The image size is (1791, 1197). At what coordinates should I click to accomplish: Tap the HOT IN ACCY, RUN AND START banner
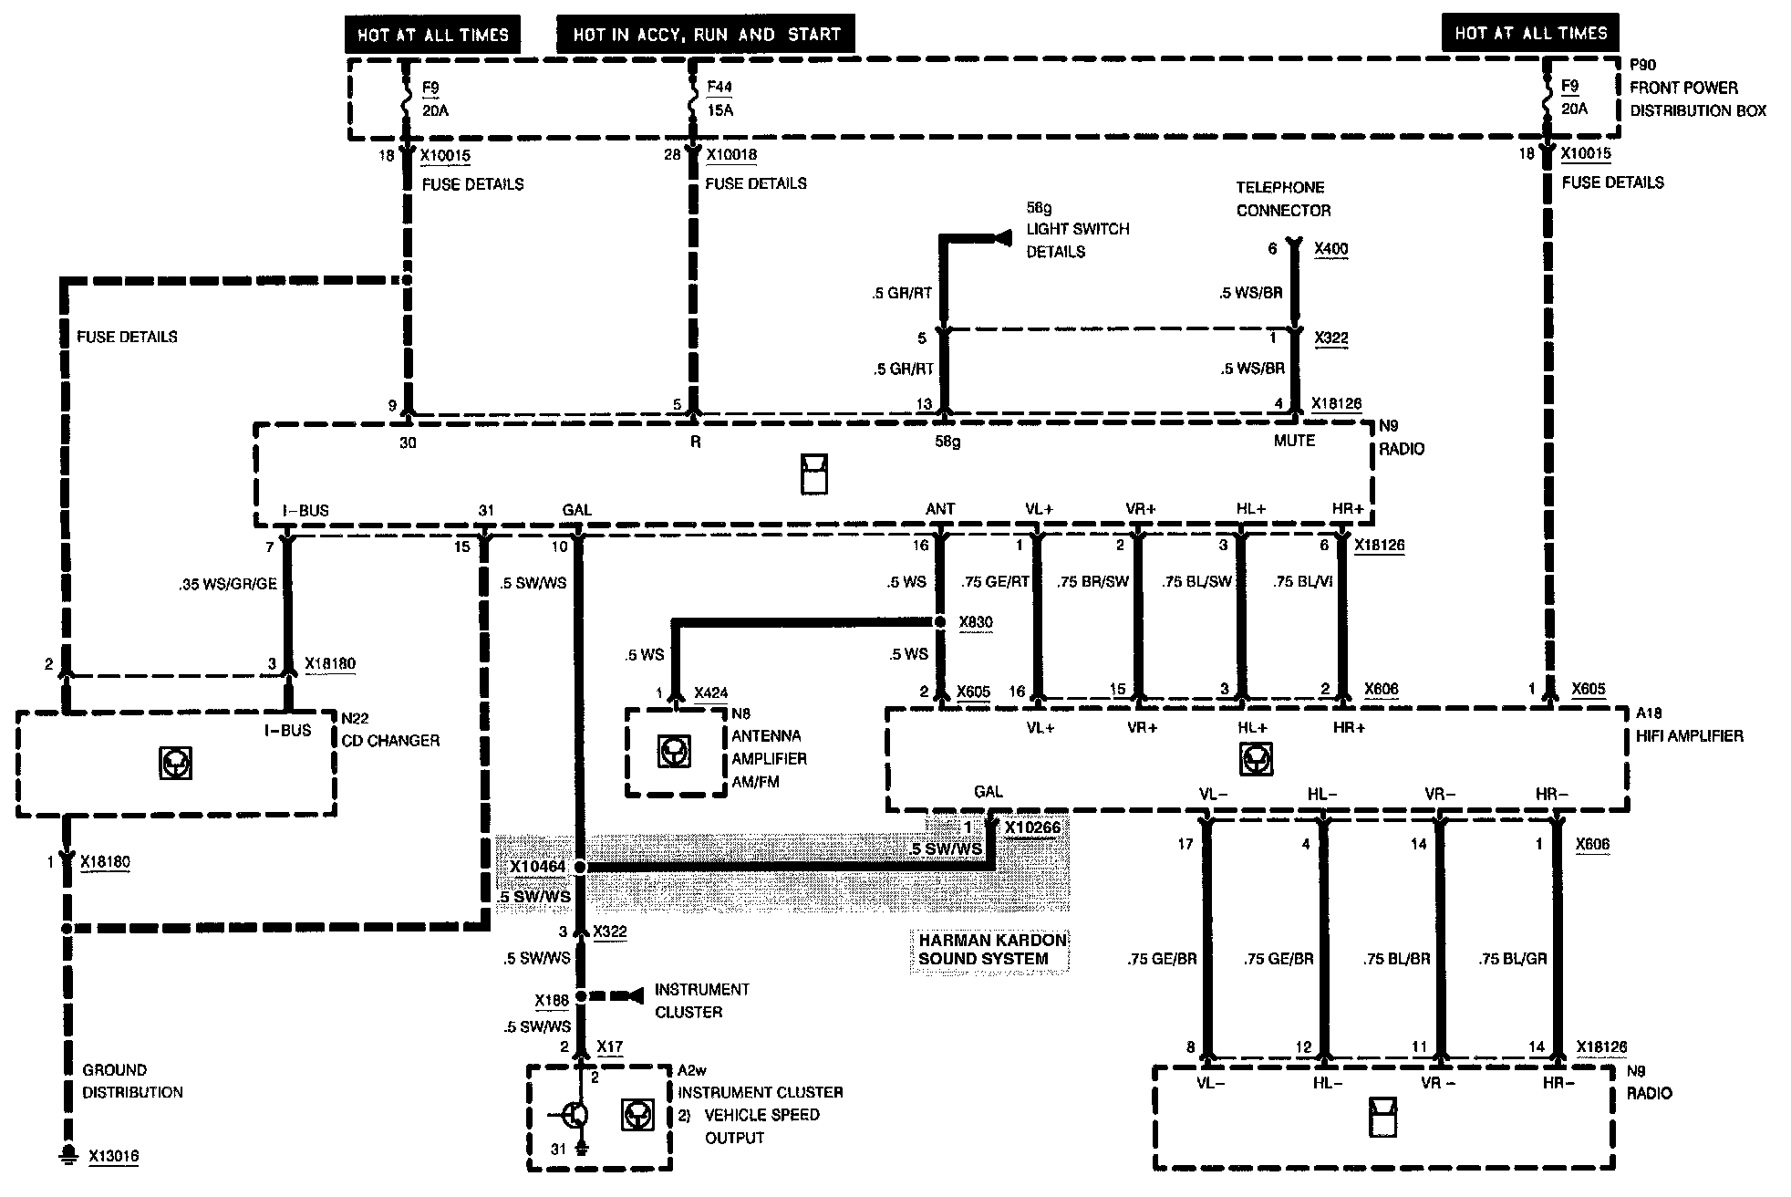pos(706,36)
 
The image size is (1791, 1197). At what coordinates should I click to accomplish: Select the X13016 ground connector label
pos(113,1156)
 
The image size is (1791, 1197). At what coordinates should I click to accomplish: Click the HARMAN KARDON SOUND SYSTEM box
pos(990,949)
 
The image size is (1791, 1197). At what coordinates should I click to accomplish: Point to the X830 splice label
pos(975,622)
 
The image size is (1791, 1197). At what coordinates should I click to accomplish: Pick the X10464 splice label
pos(537,867)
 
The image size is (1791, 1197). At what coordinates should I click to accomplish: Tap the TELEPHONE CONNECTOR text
pos(1282,199)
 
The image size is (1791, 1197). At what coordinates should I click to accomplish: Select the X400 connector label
pos(1330,249)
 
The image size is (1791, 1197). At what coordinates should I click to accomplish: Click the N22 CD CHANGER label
pos(389,730)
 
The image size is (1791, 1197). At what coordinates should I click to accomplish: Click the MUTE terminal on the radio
pos(1294,441)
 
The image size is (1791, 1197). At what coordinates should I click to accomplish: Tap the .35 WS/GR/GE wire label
pos(227,584)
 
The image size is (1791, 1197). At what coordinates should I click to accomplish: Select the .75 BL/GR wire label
pos(1512,959)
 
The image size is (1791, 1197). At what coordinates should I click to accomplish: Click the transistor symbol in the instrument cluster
pos(575,1114)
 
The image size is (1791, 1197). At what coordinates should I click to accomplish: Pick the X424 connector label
pos(710,693)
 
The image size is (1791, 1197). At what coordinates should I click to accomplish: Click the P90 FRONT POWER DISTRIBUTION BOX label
pos(1697,88)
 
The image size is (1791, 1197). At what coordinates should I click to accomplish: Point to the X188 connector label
pos(552,1001)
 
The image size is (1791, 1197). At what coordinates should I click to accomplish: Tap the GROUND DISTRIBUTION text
pos(132,1081)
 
